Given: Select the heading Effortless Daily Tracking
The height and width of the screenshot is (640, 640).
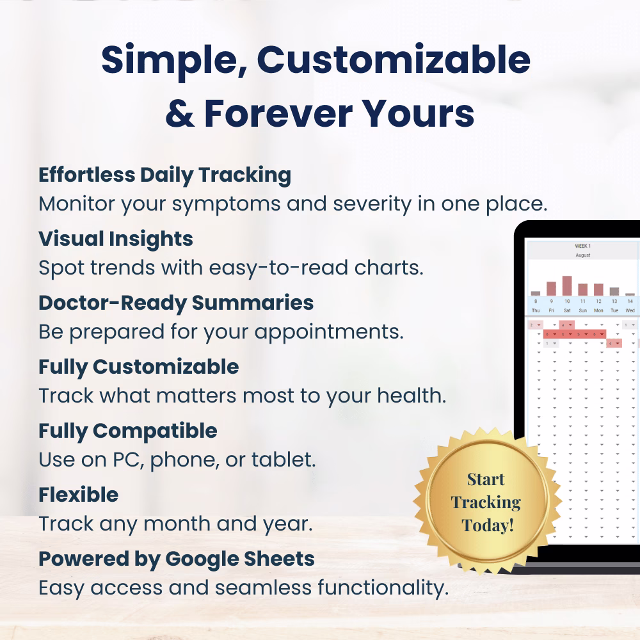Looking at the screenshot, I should pos(164,175).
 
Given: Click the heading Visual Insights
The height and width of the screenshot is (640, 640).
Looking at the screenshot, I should pos(115,239).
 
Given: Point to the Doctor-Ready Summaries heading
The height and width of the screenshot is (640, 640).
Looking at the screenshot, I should pos(176,303).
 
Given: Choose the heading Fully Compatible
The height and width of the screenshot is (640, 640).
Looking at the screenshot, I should pos(128,431).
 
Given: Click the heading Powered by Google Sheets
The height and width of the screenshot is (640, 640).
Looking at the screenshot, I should pos(177,559).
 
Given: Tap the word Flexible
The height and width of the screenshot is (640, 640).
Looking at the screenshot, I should pos(78,495).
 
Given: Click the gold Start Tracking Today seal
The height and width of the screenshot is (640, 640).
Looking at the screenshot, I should pos(486,502).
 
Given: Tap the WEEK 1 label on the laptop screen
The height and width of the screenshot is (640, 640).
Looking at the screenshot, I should pos(582,246).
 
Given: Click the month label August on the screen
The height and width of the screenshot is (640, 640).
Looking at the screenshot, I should pos(582,255).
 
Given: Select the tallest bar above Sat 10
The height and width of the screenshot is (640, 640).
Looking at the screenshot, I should pos(567,285).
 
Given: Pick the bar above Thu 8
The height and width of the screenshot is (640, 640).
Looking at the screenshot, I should pos(536,293).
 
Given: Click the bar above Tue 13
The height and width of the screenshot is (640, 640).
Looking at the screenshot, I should pos(614,291).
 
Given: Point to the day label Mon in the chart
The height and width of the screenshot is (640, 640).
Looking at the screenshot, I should pos(598,310).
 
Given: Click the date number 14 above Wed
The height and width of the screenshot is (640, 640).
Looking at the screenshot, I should pos(630,301).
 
